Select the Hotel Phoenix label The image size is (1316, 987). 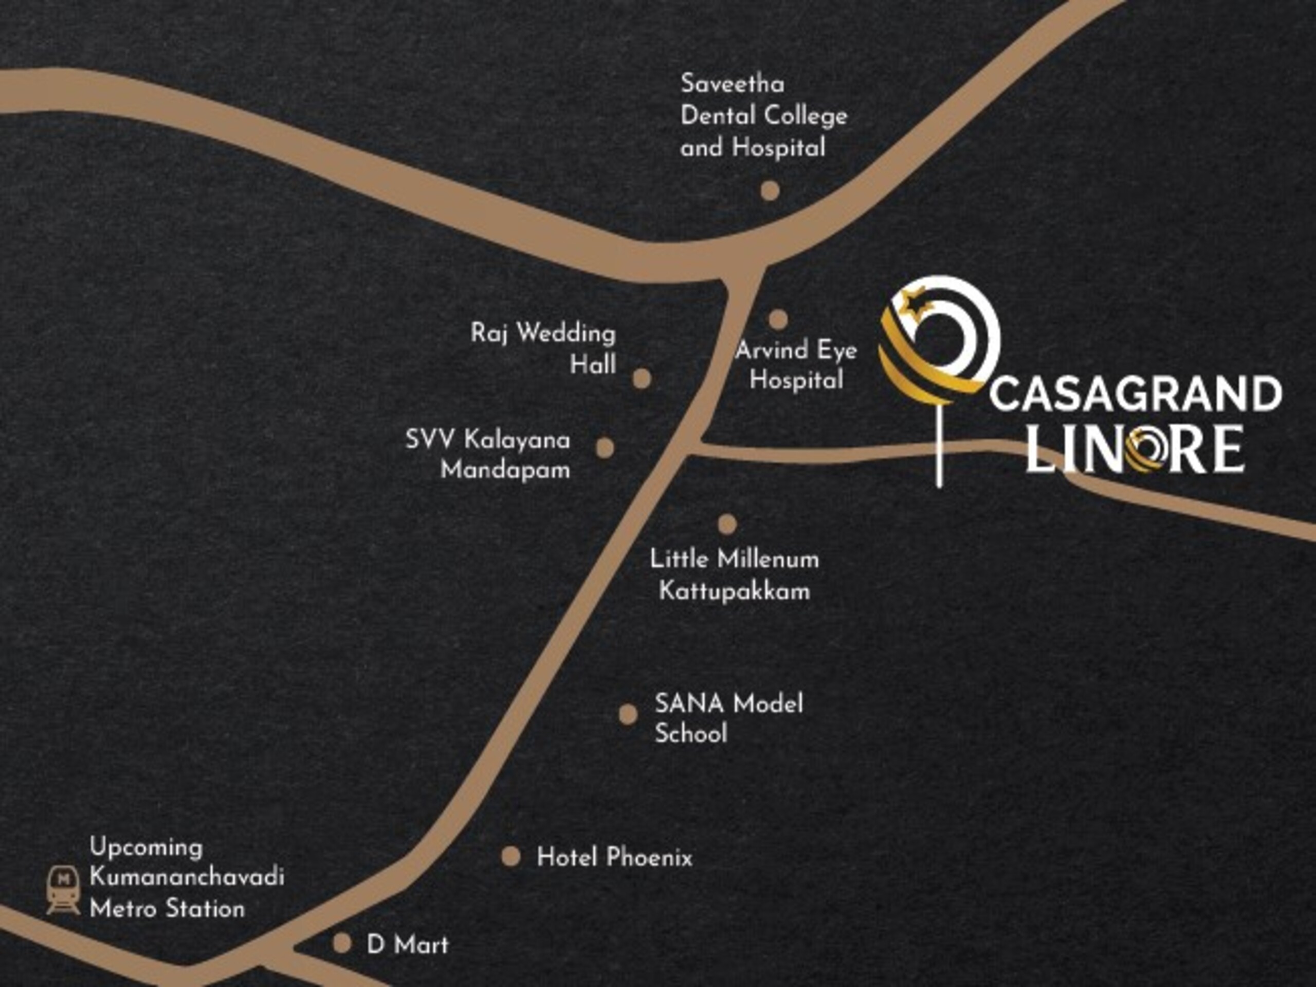coord(614,857)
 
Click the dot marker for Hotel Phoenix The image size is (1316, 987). coord(510,857)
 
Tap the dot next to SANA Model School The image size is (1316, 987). coord(628,715)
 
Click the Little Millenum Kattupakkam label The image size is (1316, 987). coord(734,575)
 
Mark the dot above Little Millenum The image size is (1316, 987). coord(727,524)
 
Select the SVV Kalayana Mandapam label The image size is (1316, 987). coord(488,454)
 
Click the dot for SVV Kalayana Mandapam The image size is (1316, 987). coord(605,448)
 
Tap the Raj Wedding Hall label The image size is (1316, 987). coord(542,348)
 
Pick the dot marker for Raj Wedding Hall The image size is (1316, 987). coord(642,378)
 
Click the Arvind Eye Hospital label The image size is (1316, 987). coord(796,364)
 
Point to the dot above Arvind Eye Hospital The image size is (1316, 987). coord(778,319)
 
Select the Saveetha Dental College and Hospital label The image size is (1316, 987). coord(763,116)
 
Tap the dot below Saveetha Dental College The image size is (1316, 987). coord(770,191)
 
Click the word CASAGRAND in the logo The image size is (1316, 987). coord(1136,394)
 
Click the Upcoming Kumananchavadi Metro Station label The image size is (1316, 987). coord(186,878)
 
